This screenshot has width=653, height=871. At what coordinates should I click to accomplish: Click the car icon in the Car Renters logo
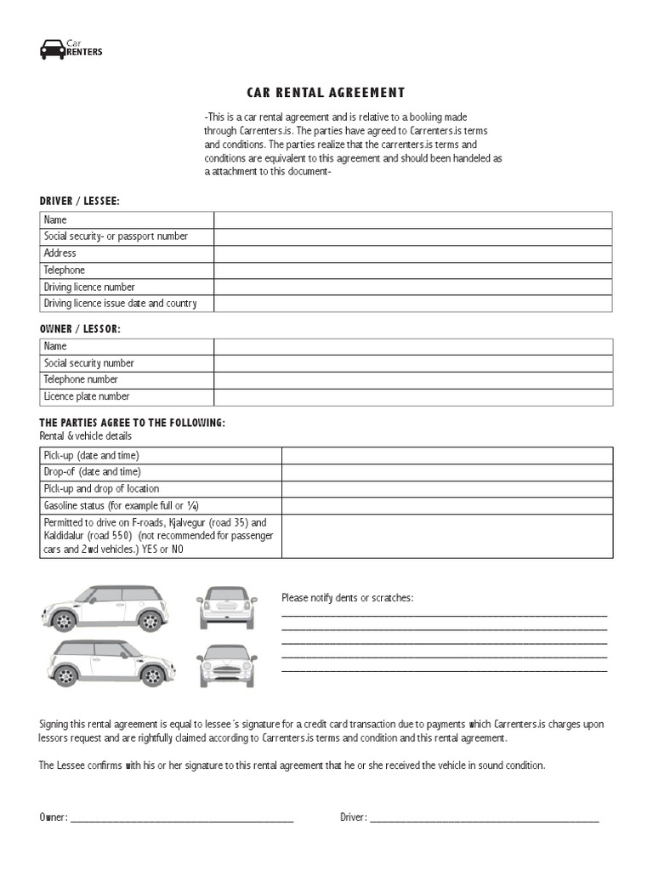(x=51, y=49)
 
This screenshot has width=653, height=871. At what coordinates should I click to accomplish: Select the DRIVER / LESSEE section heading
(x=80, y=201)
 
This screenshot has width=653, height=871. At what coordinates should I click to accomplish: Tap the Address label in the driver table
(x=60, y=253)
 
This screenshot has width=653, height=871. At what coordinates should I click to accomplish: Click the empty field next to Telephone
(x=412, y=270)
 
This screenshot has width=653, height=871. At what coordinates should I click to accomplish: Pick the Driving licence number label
(x=89, y=287)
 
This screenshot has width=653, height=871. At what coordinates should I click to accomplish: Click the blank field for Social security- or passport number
(x=412, y=236)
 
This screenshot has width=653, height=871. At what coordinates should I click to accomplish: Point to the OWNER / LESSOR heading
(x=80, y=327)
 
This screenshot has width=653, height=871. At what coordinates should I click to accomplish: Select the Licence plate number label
(x=87, y=396)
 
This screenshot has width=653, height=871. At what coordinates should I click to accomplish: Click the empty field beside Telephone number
(x=412, y=379)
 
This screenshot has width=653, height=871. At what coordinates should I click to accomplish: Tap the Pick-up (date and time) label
(x=91, y=455)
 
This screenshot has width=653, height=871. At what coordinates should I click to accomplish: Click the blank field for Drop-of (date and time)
(x=446, y=472)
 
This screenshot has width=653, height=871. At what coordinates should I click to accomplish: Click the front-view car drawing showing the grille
(x=227, y=666)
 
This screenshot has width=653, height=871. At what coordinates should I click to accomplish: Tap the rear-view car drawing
(x=227, y=607)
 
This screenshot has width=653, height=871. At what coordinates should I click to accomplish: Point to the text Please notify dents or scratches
(x=347, y=598)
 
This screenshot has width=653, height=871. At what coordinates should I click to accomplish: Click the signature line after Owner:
(x=181, y=820)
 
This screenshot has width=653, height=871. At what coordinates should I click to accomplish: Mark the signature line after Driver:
(x=485, y=820)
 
